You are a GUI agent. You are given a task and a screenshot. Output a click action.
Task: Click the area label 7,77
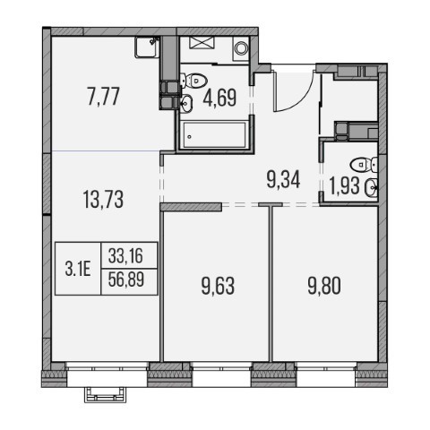pos(103,97)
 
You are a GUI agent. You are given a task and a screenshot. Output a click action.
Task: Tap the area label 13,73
pos(103,200)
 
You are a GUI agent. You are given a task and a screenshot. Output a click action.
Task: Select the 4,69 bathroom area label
pos(219,98)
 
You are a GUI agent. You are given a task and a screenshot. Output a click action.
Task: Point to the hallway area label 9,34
pos(283,180)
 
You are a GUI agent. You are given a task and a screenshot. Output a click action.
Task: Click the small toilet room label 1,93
pos(344,185)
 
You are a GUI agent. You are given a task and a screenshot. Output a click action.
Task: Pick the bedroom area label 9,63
pos(218,286)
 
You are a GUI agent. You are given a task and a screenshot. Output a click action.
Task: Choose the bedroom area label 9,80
pos(324,286)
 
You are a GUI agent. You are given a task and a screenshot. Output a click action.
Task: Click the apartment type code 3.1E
pos(78,270)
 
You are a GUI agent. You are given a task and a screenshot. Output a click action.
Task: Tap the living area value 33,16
pos(125,256)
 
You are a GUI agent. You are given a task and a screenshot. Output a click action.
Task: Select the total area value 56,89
pos(126,279)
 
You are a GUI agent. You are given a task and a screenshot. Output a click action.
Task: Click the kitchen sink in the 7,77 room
pos(146,47)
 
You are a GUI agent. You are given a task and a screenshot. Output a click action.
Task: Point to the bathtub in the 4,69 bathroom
pos(214,134)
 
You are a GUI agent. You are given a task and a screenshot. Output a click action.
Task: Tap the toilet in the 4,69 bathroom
pos(194,81)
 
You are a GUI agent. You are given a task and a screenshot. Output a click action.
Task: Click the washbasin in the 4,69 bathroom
pos(186,103)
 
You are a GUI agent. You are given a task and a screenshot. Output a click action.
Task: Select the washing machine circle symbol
pos(241,48)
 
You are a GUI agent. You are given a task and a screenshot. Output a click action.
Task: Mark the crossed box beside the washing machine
pos(202,42)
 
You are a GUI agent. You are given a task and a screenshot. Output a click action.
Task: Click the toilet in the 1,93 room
pos(364,165)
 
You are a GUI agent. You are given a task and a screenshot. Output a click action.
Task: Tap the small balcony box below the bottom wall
pos(105,394)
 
